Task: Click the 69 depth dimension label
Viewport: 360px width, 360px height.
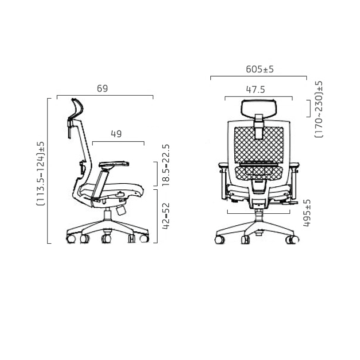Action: [x=102, y=89]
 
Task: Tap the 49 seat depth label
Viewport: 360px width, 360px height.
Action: [x=116, y=134]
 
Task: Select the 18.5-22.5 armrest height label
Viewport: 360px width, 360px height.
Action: [x=166, y=165]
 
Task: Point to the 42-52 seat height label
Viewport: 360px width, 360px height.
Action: [x=166, y=216]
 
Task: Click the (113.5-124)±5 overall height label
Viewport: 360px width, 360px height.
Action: [x=41, y=173]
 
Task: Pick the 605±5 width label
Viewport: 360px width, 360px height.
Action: [x=260, y=69]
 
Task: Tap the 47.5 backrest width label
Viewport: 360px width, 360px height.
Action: [x=255, y=90]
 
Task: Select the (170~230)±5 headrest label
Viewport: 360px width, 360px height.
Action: [x=318, y=109]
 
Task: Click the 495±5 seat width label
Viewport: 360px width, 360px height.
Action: [x=307, y=213]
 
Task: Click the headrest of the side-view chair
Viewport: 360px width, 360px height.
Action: [x=78, y=109]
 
